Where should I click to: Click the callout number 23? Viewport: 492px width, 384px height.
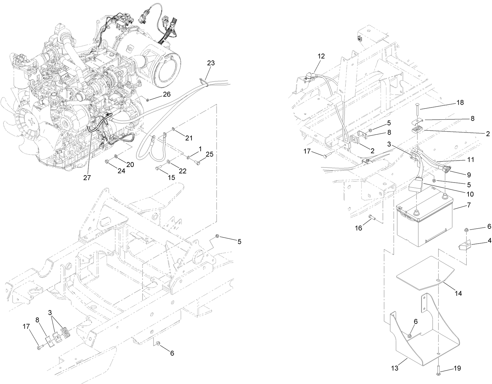point(211,63)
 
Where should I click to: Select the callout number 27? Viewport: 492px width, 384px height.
point(87,178)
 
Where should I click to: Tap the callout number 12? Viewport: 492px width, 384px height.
point(321,56)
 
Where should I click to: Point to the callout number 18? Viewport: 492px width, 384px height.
point(460,103)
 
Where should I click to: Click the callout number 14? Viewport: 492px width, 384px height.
point(458,293)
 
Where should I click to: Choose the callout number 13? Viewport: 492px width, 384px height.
point(395,368)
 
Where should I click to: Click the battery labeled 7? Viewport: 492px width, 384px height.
point(425,223)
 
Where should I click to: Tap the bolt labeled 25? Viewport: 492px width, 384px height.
point(197,162)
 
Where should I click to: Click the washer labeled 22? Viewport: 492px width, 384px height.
point(169,161)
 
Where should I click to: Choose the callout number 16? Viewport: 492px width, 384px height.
point(358,228)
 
